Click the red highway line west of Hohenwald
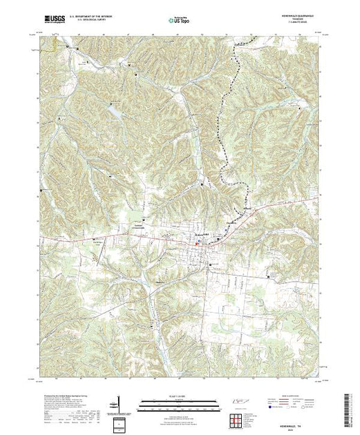(x=104, y=235)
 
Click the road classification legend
(x=297, y=403)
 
